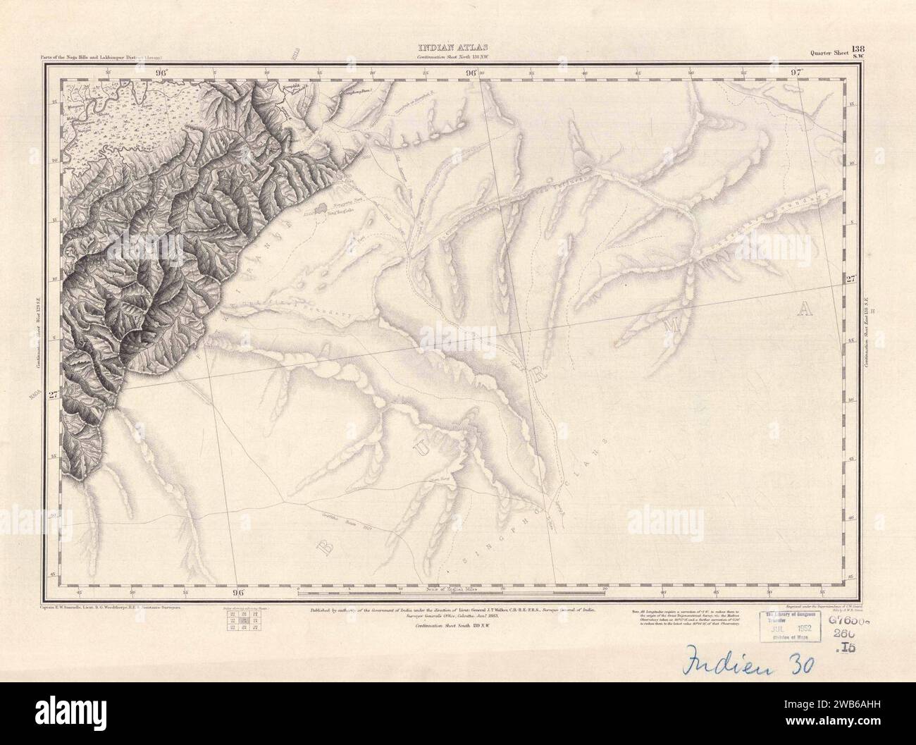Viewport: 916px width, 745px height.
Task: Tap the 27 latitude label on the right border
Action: coord(850,278)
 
